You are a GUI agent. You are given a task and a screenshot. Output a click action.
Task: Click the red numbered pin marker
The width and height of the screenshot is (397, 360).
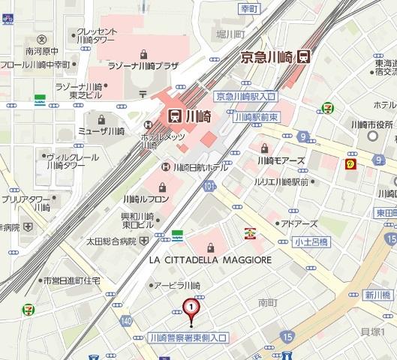(x=192, y=307)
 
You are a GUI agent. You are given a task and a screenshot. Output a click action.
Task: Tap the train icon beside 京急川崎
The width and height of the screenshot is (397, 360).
(x=303, y=56)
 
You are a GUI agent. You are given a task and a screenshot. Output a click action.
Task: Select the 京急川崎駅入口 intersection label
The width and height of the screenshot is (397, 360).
(x=245, y=97)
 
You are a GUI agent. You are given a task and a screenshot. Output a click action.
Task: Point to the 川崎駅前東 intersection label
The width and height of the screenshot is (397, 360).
(x=257, y=117)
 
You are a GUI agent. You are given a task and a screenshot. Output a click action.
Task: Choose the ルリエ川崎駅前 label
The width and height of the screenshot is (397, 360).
(x=281, y=181)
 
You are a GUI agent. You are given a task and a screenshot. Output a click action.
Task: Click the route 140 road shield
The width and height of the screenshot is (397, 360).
(x=125, y=320)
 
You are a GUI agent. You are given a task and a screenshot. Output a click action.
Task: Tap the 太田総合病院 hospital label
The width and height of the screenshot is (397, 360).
(x=112, y=241)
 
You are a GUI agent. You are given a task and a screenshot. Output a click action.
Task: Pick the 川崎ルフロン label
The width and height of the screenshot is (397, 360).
(x=146, y=199)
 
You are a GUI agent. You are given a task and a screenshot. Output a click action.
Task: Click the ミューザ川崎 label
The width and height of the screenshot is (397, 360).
(x=101, y=131)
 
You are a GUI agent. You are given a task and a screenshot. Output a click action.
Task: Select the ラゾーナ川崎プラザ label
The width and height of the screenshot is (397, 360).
(x=143, y=66)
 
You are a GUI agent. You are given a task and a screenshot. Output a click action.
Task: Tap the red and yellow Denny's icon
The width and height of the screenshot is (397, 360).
(x=350, y=164)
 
